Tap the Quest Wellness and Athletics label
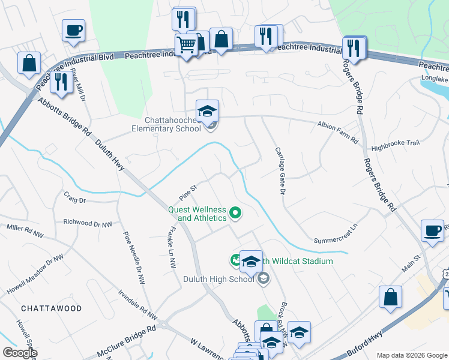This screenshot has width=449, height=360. pyautogui.click(x=197, y=214)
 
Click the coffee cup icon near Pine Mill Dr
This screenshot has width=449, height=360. pyautogui.click(x=73, y=30)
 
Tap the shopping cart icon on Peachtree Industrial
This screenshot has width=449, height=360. pyautogui.click(x=187, y=44)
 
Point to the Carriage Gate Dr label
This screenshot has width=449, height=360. pyautogui.click(x=279, y=170)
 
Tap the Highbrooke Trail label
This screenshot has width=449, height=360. pyautogui.click(x=395, y=143)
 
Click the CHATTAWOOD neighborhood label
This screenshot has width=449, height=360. pyautogui.click(x=51, y=308)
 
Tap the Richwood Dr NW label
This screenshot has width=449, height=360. pyautogui.click(x=88, y=222)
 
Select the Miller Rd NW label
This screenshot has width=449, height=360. pyautogui.click(x=25, y=230)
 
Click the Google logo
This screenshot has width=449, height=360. pyautogui.click(x=20, y=353)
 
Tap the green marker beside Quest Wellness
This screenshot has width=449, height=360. pyautogui.click(x=236, y=212)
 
